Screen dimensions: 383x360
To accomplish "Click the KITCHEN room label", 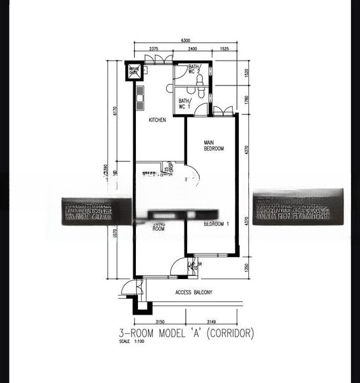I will point(157,120).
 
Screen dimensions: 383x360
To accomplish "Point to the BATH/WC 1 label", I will point(184,103).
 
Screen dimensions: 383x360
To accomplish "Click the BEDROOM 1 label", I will point(217,224).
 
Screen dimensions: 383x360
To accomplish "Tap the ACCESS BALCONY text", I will point(194,292).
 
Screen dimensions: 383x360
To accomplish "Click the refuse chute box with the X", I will point(134,71).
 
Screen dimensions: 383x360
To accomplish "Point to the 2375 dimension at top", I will point(154,49).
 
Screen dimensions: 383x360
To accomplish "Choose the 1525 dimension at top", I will point(224,49).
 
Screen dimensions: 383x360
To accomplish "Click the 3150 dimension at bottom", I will point(160,321).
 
